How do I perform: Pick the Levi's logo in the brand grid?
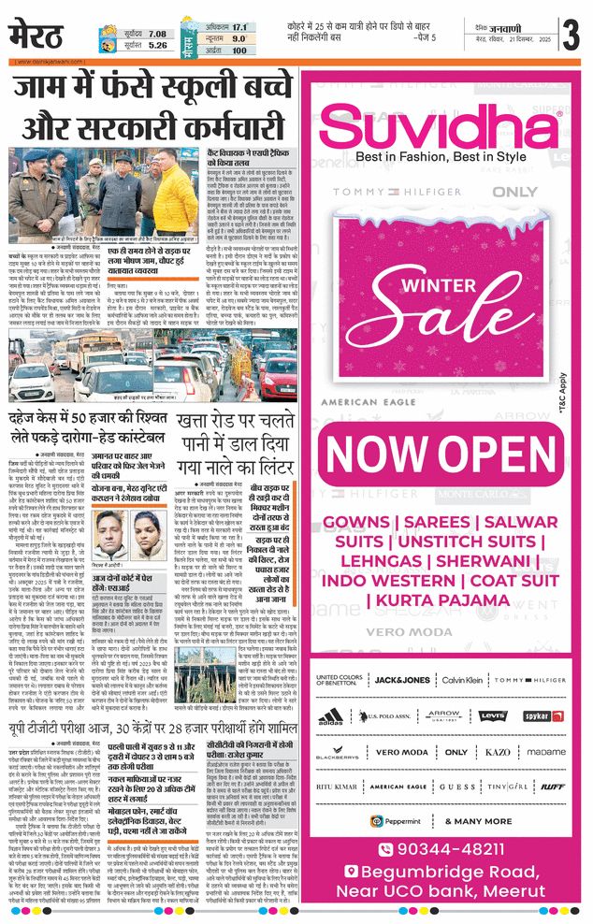(492, 715)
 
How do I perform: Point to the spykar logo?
(537, 715)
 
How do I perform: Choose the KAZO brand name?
(498, 752)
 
